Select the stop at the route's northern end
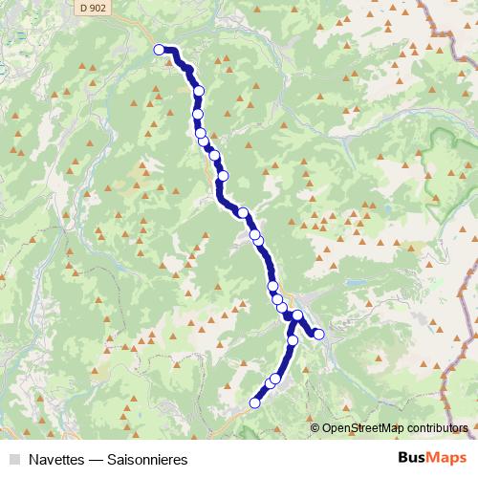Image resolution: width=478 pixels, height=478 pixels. (x=160, y=51)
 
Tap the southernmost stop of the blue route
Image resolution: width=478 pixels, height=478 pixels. (x=254, y=403)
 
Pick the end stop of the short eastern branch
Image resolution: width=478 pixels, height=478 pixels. (x=319, y=334)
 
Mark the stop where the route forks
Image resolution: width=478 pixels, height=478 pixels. (x=297, y=315)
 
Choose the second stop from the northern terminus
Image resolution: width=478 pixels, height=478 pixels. (x=199, y=91)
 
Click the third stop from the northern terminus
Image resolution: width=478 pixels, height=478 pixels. (x=198, y=114)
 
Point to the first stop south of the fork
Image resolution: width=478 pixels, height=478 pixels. (x=293, y=339)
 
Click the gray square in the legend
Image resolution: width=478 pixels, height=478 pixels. (x=11, y=460)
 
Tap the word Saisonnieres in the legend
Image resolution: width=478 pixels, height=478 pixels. (x=146, y=460)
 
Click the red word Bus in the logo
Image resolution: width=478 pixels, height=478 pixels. (x=413, y=459)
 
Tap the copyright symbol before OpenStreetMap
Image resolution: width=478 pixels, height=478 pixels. (x=315, y=428)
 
